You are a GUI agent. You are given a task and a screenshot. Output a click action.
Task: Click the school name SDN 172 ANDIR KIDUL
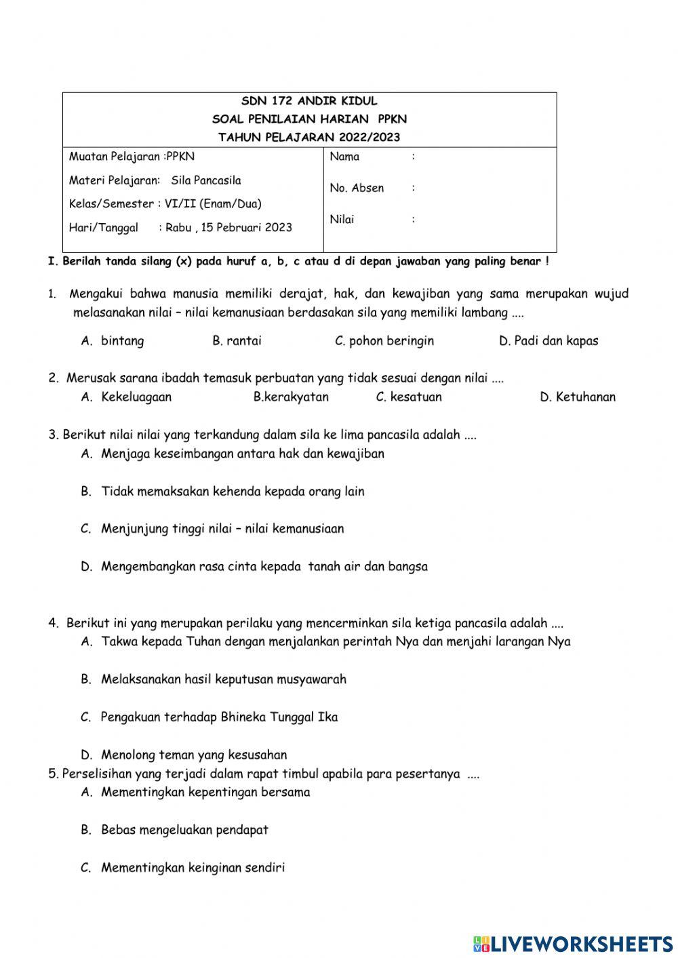309,101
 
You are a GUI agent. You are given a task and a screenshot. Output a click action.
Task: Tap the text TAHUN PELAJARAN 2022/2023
309,137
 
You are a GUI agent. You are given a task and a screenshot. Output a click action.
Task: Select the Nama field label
344,157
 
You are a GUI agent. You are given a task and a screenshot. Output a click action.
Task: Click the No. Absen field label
357,188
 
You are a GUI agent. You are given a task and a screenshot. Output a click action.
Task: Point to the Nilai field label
342,219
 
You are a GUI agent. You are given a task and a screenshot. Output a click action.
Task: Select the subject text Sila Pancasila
206,180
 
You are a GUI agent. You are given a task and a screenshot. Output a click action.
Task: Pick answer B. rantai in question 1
237,341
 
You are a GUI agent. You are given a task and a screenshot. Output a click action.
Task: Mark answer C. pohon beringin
384,341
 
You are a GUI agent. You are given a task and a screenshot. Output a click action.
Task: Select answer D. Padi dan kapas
549,341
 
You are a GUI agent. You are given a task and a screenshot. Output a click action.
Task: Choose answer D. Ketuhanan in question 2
578,397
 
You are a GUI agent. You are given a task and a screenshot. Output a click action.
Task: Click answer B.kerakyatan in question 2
291,397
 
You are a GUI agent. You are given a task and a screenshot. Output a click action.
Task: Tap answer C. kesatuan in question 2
409,397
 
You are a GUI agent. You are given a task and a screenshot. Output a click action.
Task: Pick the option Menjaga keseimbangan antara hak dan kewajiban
242,454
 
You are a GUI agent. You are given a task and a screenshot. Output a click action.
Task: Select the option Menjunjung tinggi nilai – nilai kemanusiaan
222,529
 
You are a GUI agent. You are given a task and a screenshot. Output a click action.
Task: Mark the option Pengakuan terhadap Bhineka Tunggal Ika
219,717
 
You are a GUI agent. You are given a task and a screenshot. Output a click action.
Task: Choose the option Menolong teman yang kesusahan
194,755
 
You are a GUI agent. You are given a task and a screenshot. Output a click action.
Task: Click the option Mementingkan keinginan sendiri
193,868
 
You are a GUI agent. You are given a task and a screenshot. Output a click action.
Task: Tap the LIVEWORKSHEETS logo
573,944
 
